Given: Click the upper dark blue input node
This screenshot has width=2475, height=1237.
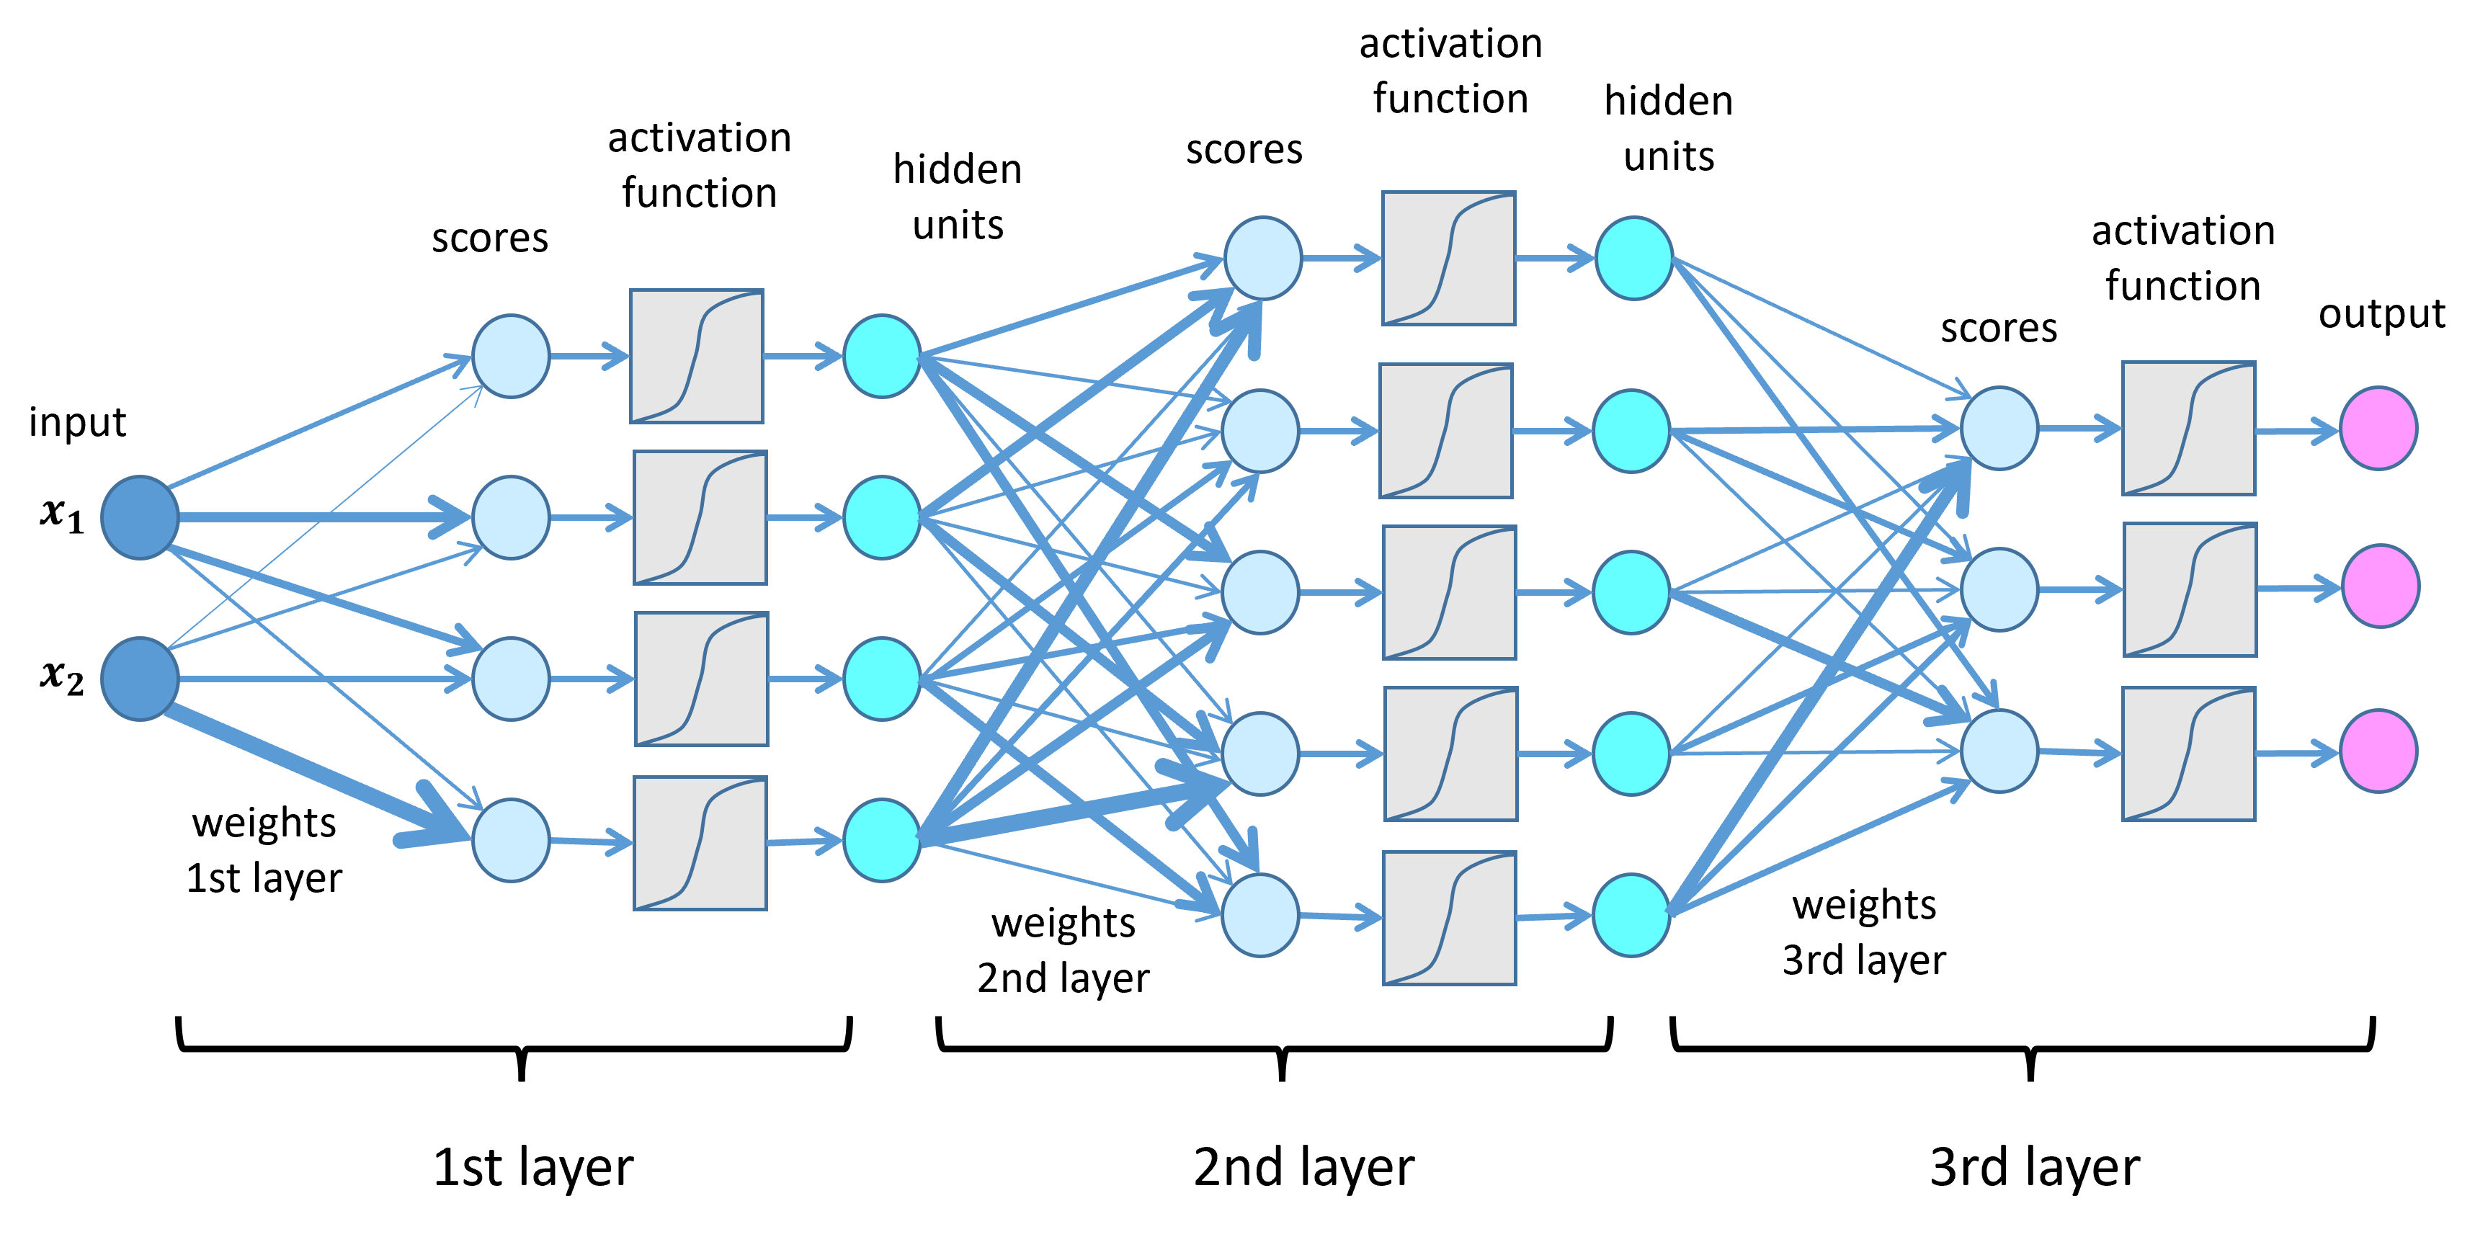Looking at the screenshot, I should tap(141, 517).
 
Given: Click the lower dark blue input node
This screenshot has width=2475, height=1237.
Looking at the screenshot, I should tap(141, 678).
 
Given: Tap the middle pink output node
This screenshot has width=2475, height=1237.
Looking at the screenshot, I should tap(2380, 586).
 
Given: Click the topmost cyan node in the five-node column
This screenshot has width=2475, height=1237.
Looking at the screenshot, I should tap(1633, 257).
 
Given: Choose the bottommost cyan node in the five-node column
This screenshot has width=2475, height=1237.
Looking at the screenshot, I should tap(1631, 914).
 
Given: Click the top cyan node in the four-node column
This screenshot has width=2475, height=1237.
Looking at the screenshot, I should tap(881, 355).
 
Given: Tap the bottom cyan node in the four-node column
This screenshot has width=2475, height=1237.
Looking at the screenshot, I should tap(881, 839).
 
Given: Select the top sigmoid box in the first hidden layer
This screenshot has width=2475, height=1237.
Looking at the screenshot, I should tap(697, 355).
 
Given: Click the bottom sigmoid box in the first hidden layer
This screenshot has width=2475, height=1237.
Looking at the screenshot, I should tap(700, 842).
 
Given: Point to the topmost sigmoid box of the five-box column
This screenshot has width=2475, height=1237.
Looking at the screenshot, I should tap(1448, 257).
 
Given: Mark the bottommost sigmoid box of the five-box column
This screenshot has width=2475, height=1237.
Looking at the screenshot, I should tap(1449, 917).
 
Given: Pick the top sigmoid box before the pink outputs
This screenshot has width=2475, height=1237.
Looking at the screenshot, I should tap(2188, 429).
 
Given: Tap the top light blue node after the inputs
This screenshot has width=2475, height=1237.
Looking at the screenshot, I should tap(510, 355).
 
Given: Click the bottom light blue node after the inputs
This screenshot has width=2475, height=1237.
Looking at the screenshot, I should tap(510, 839).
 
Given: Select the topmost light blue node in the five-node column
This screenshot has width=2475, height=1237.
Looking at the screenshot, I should tap(1262, 257).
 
